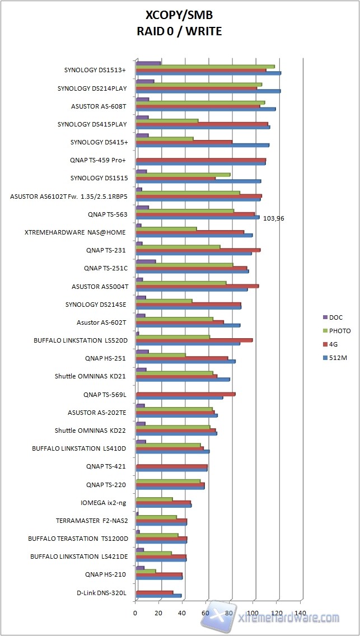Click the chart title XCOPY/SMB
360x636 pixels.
click(x=179, y=15)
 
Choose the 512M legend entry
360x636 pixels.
click(x=338, y=357)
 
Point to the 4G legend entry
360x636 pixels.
click(x=334, y=344)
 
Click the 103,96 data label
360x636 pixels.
click(x=273, y=218)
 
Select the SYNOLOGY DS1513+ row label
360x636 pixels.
click(x=95, y=71)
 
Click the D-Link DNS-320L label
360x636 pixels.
click(x=101, y=592)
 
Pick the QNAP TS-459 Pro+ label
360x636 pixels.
click(x=98, y=160)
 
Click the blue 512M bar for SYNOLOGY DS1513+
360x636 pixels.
click(x=208, y=73)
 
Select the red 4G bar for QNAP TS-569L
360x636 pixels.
click(x=185, y=394)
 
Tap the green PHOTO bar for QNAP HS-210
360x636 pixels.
click(x=146, y=571)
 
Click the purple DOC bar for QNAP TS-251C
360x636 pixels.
click(x=146, y=261)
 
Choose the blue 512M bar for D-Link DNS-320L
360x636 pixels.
click(x=158, y=596)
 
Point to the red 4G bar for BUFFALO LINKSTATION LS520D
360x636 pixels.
click(x=194, y=340)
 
